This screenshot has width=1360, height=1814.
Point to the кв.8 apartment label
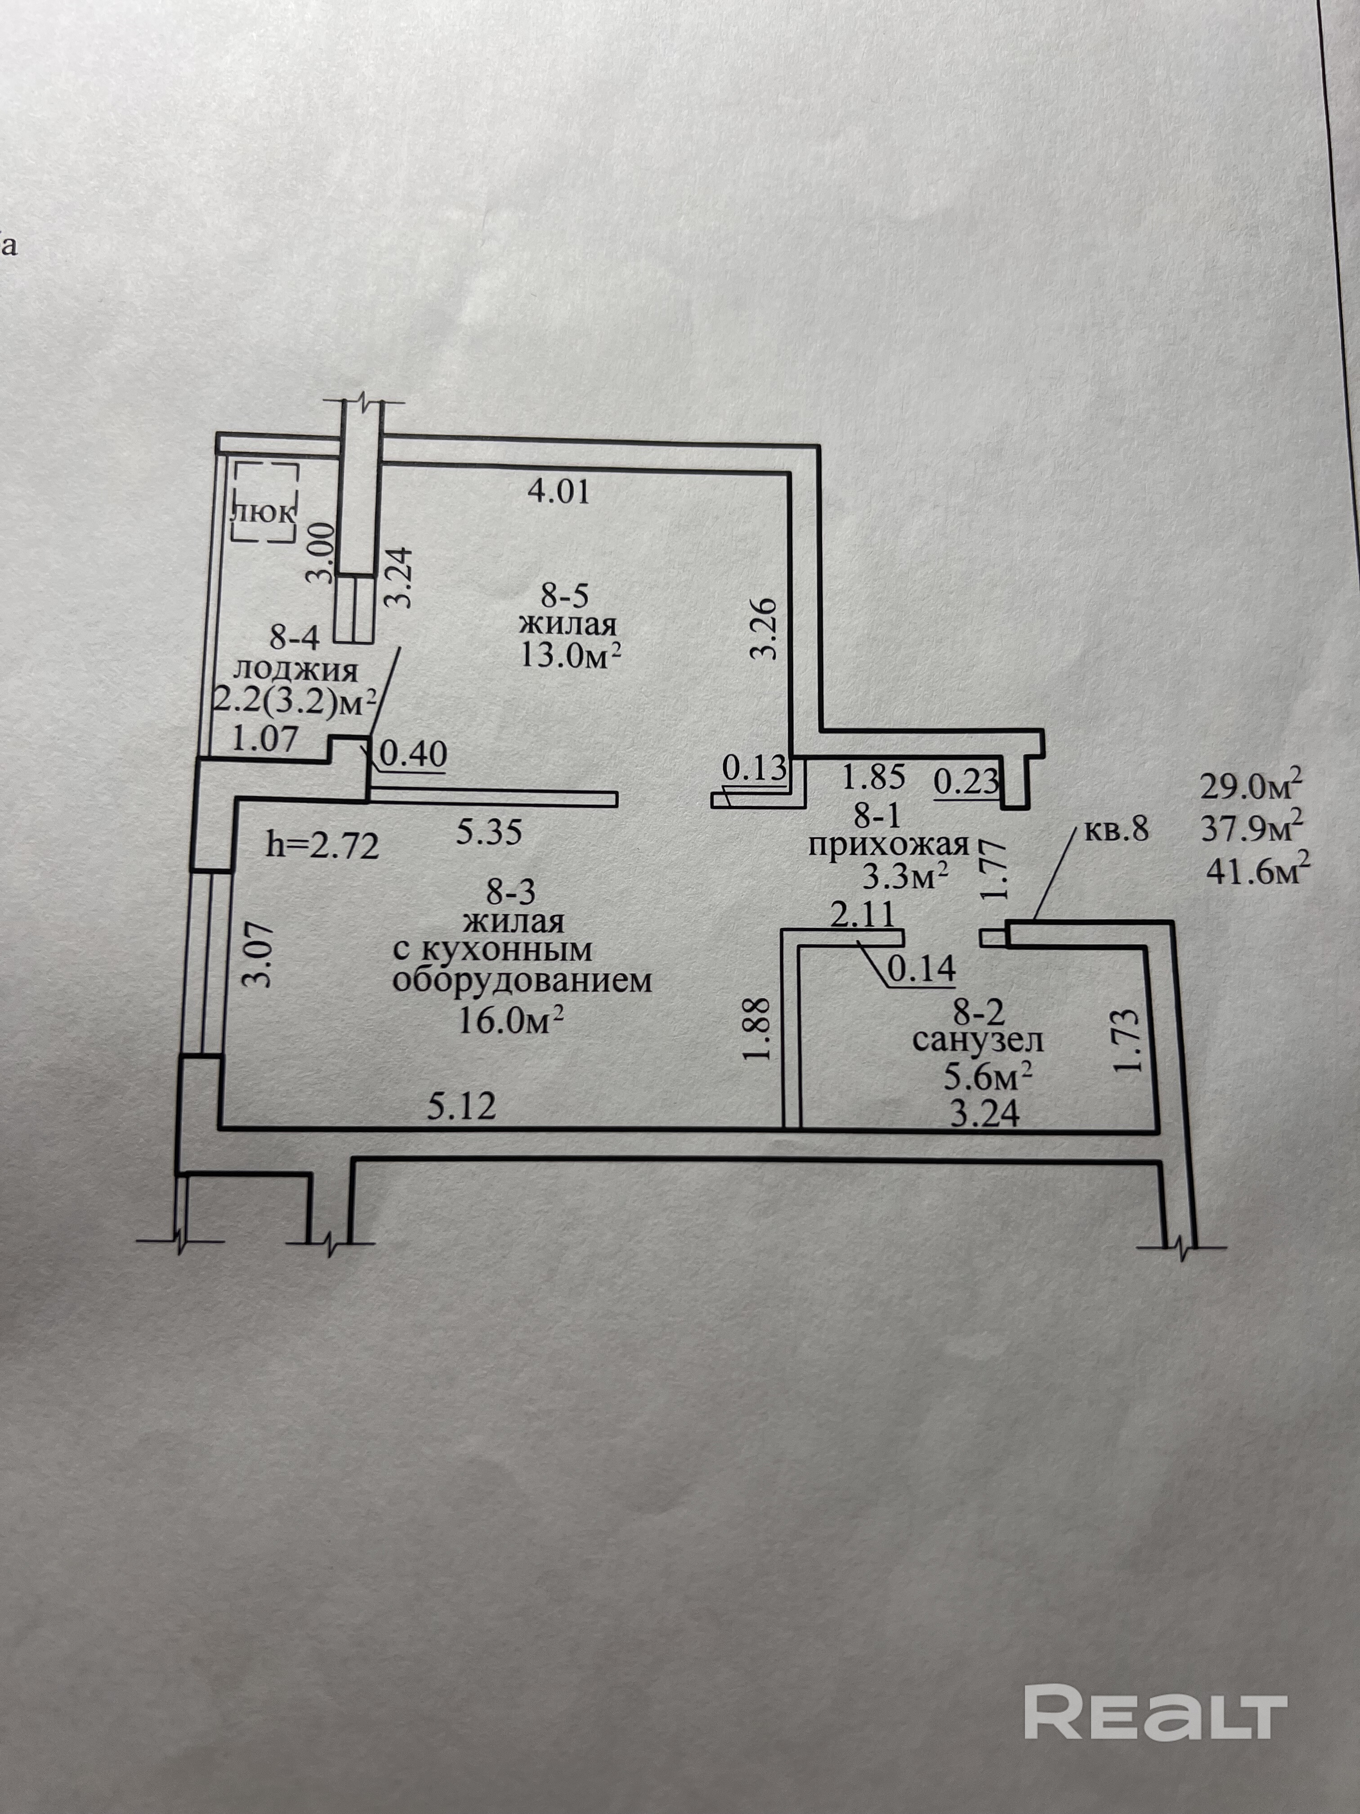pos(1117,831)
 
